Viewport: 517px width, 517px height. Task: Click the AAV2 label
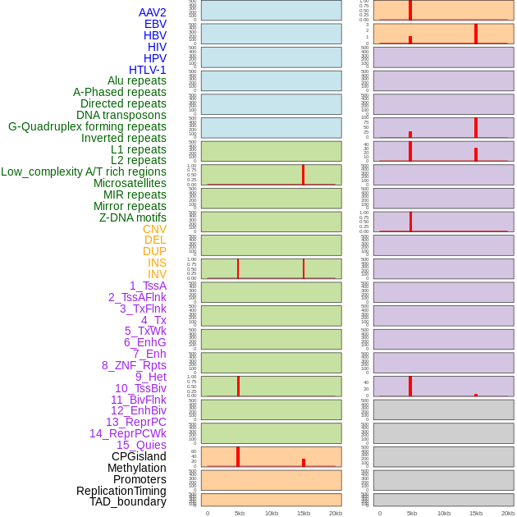click(x=152, y=12)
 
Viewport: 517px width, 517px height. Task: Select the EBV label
click(x=155, y=24)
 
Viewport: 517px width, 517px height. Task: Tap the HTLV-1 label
click(x=147, y=70)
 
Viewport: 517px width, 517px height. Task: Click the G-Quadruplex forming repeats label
click(x=87, y=126)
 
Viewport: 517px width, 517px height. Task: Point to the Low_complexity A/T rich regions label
click(x=84, y=172)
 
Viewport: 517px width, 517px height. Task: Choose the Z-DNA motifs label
click(x=133, y=217)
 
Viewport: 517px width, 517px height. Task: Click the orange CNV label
click(x=154, y=229)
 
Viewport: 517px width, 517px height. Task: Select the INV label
click(x=157, y=274)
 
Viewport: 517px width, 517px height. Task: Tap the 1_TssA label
click(x=148, y=286)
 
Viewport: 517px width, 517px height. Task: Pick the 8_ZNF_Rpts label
click(x=134, y=365)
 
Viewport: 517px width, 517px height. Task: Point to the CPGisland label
click(x=139, y=456)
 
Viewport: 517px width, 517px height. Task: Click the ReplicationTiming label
click(x=121, y=491)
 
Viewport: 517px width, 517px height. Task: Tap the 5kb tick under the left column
click(x=240, y=513)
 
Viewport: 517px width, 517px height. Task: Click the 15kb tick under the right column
click(x=476, y=513)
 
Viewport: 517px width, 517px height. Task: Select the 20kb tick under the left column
click(x=336, y=513)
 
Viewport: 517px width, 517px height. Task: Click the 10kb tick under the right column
click(x=444, y=513)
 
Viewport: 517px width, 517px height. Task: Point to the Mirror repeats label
click(x=130, y=206)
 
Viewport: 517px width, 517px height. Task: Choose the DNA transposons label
click(x=121, y=115)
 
